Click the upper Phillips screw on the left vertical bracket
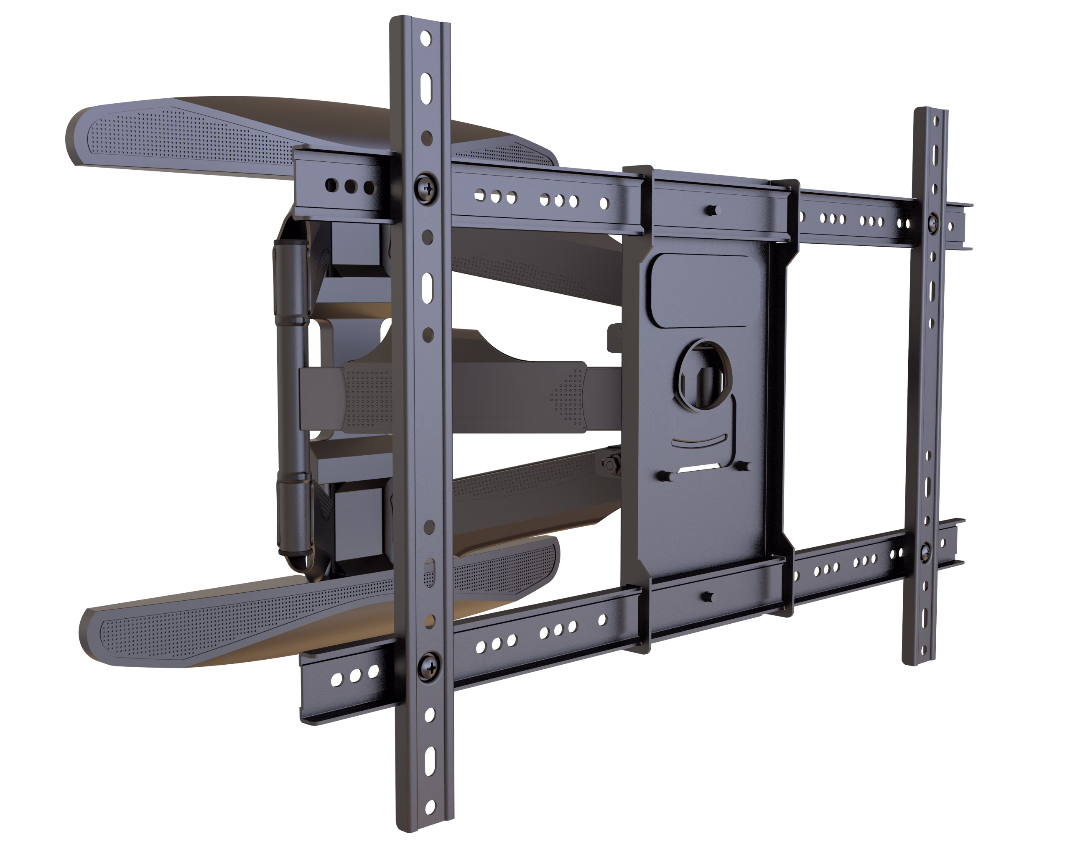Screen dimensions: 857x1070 (x=426, y=187)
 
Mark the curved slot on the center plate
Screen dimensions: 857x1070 (x=699, y=440)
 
